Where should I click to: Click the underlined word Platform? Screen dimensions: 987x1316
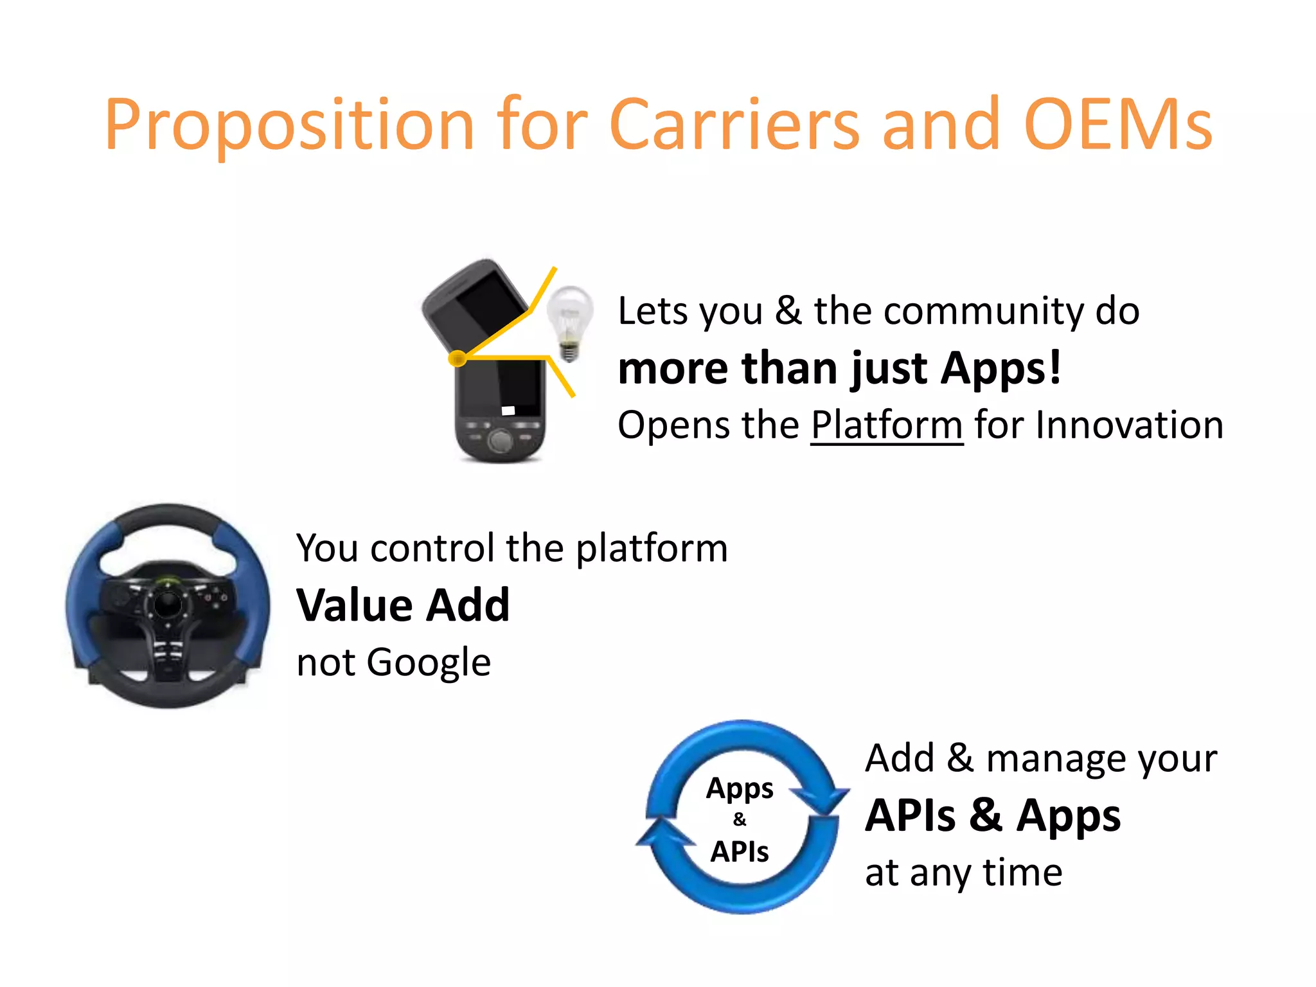pyautogui.click(x=887, y=425)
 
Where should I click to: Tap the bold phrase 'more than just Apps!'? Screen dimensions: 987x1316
pyautogui.click(x=839, y=368)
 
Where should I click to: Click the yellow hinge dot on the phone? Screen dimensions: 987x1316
pyautogui.click(x=457, y=358)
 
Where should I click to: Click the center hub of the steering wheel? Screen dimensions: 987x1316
pyautogui.click(x=168, y=604)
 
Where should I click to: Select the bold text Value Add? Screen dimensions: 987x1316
pyautogui.click(x=403, y=605)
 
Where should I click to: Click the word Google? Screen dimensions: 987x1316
pyautogui.click(x=429, y=662)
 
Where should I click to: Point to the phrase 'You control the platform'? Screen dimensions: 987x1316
pyautogui.click(x=511, y=548)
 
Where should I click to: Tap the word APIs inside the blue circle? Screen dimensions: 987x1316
pyautogui.click(x=740, y=852)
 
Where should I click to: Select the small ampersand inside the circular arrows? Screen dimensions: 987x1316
pyautogui.click(x=740, y=819)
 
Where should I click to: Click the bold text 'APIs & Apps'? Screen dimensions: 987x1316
pyautogui.click(x=993, y=815)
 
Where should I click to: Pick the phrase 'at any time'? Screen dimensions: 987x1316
pyautogui.click(x=963, y=873)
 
